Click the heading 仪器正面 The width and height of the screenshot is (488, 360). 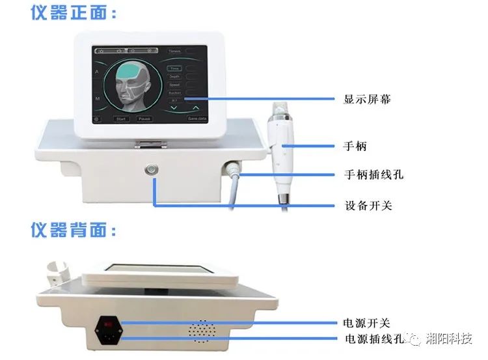pos(74,13)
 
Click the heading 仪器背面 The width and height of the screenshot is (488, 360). pos(74,230)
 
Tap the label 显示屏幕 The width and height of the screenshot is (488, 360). pos(367,100)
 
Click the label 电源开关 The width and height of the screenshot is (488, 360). pos(367,322)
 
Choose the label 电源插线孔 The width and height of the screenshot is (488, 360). pos(373,339)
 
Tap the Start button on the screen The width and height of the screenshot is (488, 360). pos(121,119)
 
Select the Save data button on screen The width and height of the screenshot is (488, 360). pos(197,119)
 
